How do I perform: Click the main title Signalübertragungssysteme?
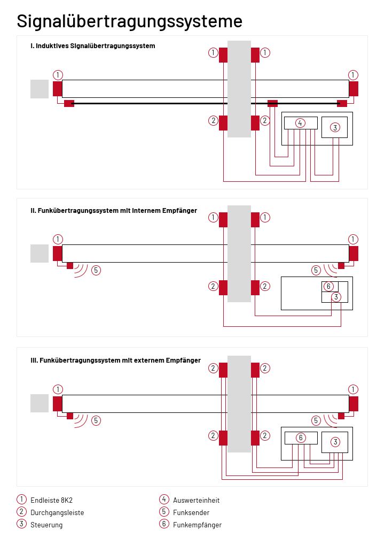point(129,21)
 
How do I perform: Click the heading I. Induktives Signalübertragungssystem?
point(93,46)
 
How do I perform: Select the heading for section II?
point(114,211)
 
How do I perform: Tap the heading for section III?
point(115,360)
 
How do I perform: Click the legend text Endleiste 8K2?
point(51,500)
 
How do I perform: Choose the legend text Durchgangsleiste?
point(57,512)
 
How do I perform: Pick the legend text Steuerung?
point(46,525)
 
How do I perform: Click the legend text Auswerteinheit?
point(196,500)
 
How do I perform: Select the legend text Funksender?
point(191,512)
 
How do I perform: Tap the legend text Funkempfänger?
point(197,525)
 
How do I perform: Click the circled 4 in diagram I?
point(301,123)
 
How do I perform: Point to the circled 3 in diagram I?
point(335,127)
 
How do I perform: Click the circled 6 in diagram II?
point(329,286)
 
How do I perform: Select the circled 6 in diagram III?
point(301,438)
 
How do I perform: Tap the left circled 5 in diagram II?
point(96,270)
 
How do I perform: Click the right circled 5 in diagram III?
point(316,420)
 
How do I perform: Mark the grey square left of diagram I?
point(40,89)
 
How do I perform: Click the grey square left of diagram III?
point(40,403)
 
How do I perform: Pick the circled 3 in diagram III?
point(335,442)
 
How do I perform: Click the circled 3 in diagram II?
point(335,297)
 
